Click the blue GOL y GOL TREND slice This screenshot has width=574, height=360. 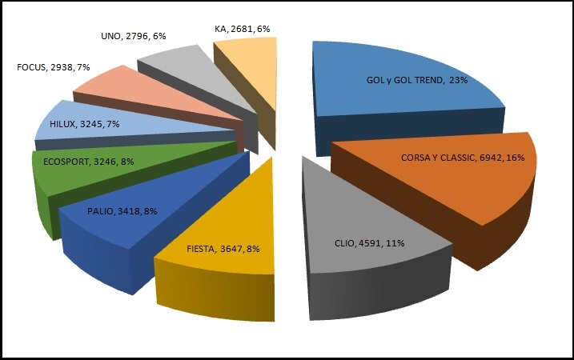(x=400, y=96)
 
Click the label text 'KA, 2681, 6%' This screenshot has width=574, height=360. (x=242, y=29)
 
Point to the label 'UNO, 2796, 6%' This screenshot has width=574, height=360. (x=134, y=36)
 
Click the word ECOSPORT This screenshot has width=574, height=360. (x=66, y=162)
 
